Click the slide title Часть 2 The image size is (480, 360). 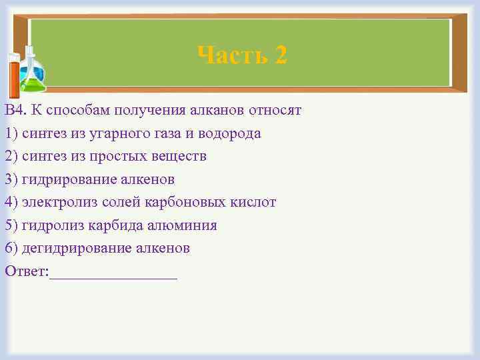pos(242,55)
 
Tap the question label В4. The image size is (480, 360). pos(15,110)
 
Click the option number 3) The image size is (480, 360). pos(11,179)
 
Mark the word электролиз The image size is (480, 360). pos(57,202)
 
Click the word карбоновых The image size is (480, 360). pos(183,202)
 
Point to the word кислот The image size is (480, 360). pos(253,202)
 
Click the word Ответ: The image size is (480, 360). pos(27,271)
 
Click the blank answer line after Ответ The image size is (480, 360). pos(113,273)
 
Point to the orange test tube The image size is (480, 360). pos(14,77)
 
